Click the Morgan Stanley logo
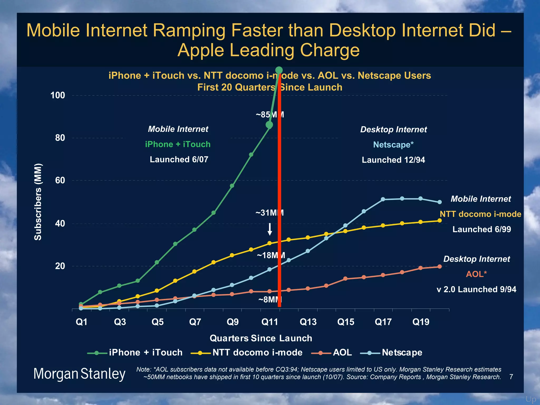[79, 374]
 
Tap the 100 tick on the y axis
[58, 95]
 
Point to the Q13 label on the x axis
[308, 322]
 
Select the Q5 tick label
[158, 322]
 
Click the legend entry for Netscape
[391, 353]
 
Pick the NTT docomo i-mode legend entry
[247, 353]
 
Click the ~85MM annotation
[269, 115]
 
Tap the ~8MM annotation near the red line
[270, 300]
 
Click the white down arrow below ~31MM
[270, 229]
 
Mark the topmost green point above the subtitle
[279, 70]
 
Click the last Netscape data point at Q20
[440, 202]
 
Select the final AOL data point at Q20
[440, 267]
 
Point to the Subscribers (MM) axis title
[38, 202]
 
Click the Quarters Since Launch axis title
[261, 338]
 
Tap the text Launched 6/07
[179, 160]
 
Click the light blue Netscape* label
[393, 145]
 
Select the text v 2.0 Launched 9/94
[476, 289]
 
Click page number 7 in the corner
[511, 377]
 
